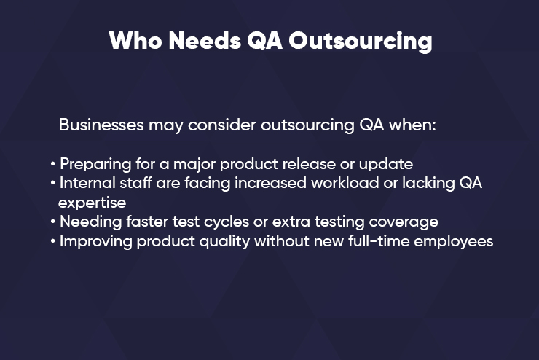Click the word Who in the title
click(135, 41)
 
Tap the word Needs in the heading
click(205, 41)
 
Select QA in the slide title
click(264, 41)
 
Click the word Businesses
click(101, 125)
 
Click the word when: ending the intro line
click(412, 125)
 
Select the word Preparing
click(95, 165)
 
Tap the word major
click(194, 165)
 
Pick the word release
click(309, 164)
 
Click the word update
click(386, 165)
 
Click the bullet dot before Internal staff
click(52, 183)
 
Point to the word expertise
click(92, 203)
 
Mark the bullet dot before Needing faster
click(52, 222)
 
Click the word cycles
click(227, 222)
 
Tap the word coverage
click(404, 222)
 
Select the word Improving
click(96, 241)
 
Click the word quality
click(224, 241)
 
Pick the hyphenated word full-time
click(379, 241)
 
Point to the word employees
click(454, 241)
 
